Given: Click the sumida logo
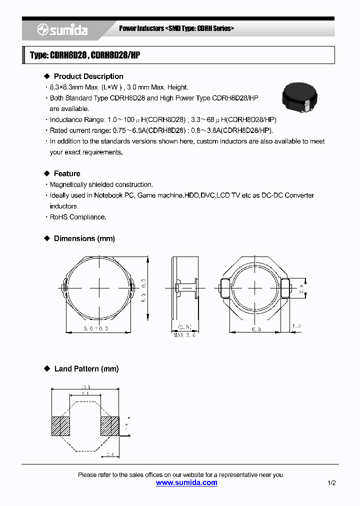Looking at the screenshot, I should click(62, 30).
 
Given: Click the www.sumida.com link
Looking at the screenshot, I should click(186, 482).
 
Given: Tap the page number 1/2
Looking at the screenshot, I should click(331, 483).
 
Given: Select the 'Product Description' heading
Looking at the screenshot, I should click(88, 76).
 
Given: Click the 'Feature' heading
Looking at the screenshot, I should click(67, 173).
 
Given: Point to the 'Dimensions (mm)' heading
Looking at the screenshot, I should click(84, 238).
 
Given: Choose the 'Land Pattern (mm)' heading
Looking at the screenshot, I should click(86, 368).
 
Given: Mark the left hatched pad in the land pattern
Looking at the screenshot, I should click(60, 426).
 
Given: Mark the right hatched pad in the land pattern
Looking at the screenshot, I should click(110, 426).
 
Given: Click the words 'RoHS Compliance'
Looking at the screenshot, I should click(77, 217).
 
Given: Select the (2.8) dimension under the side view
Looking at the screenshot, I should click(184, 327).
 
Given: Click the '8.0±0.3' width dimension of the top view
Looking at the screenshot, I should click(98, 328).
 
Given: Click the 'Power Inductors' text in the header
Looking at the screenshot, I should click(141, 28).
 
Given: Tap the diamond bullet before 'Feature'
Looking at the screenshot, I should click(47, 173).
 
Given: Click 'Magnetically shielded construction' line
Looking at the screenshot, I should click(101, 184).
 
